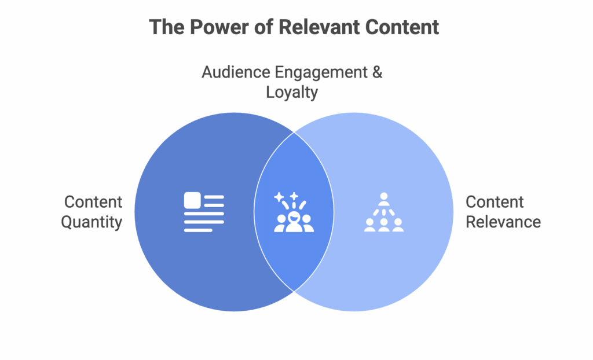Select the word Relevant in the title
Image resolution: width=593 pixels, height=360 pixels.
tap(310, 27)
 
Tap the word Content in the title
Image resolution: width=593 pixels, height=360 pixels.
tap(401, 27)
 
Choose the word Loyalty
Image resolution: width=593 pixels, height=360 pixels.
tap(292, 92)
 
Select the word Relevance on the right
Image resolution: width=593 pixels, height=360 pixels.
tap(503, 222)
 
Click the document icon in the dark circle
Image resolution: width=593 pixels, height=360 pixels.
tap(203, 212)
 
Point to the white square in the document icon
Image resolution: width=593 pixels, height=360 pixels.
tap(192, 200)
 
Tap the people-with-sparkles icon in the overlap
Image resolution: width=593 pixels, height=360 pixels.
tap(294, 212)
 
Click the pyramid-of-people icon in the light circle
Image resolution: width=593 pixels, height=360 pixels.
tap(383, 212)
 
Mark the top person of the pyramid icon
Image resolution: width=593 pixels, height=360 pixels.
tap(383, 197)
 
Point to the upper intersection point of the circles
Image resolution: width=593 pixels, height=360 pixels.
tap(294, 133)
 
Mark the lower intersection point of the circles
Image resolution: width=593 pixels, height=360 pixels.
tap(294, 291)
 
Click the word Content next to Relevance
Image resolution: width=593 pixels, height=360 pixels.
tap(495, 202)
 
